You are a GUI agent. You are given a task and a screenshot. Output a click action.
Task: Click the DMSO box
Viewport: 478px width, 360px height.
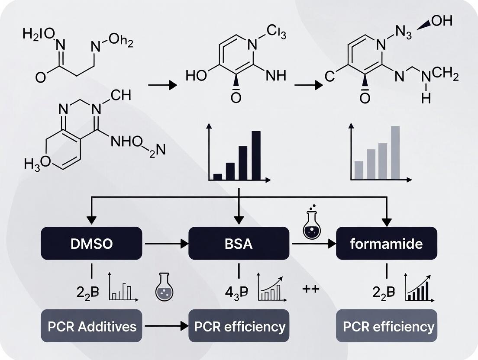tap(91, 243)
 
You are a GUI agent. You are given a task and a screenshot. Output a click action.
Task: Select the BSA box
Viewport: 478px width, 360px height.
tap(239, 243)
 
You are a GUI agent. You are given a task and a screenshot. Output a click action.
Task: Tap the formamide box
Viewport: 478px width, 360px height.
tap(386, 243)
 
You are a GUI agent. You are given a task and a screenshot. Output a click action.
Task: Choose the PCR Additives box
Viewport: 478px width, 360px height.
tap(91, 326)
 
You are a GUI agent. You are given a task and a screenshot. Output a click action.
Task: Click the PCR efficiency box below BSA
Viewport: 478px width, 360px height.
tap(239, 326)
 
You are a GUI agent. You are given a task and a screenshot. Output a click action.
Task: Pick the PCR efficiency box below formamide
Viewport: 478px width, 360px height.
tap(386, 326)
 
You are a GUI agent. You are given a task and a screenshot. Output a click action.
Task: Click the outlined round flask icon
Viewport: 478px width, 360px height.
tap(164, 287)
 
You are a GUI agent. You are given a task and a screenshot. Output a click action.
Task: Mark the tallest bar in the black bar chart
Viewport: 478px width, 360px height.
tap(256, 155)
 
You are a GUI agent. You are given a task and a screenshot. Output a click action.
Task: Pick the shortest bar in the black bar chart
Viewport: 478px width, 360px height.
tap(217, 176)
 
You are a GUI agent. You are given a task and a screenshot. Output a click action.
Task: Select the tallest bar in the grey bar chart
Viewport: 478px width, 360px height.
tap(395, 152)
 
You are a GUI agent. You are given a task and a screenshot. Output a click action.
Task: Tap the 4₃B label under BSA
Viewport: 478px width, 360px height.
tap(236, 292)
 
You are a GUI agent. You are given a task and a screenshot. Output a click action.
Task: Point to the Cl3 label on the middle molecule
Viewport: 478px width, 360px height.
tap(276, 32)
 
